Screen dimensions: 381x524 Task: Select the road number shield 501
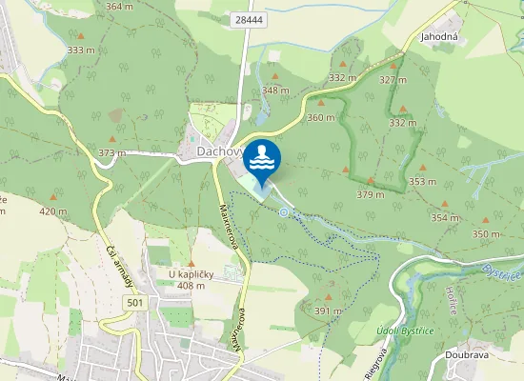point(135,302)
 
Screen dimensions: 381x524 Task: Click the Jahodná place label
point(439,36)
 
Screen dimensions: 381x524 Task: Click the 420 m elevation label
point(53,211)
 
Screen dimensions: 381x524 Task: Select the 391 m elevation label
point(328,311)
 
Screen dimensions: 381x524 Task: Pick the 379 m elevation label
point(370,194)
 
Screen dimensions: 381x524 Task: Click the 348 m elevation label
point(275,90)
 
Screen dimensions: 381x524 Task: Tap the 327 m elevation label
point(393,79)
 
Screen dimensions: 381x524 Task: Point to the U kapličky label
point(190,274)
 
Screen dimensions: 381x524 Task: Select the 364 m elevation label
point(120,7)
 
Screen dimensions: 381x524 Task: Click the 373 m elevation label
point(111,153)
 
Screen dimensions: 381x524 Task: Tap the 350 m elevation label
point(486,234)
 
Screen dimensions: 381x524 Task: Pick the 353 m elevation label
point(422,181)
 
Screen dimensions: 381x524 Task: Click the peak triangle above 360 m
point(321,103)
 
